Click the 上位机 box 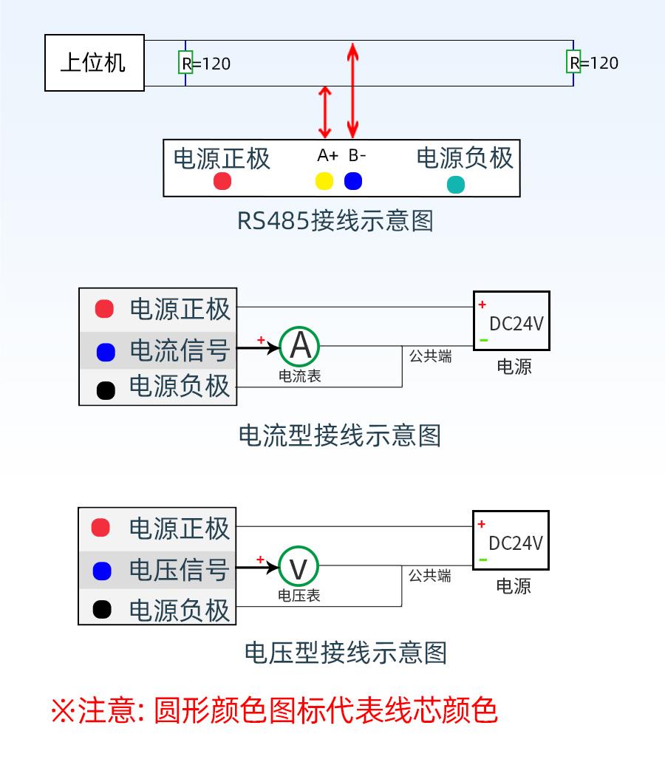94,63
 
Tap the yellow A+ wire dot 324,181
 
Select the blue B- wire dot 353,181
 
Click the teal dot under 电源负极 456,185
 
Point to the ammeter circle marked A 300,346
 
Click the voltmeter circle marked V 299,568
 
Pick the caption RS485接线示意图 335,221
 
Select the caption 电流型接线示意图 339,435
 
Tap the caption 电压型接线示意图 345,653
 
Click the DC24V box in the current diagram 511,321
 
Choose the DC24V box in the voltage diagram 511,541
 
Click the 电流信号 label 180,350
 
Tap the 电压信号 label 179,571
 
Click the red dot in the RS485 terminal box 222,181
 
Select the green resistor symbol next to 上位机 185,63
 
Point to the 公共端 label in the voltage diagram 430,576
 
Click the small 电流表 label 299,376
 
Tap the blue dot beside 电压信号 102,571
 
